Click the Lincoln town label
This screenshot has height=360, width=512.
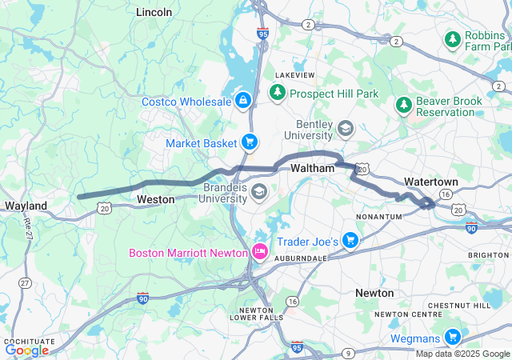[x=154, y=12]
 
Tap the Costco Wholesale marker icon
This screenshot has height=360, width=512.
[x=242, y=101]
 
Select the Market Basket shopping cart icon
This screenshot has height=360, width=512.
[x=250, y=142]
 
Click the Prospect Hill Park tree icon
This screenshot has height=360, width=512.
[x=278, y=94]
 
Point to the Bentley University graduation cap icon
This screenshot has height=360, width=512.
[x=346, y=128]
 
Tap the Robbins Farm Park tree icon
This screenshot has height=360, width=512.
[x=453, y=38]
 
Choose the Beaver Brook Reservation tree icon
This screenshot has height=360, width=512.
[x=403, y=105]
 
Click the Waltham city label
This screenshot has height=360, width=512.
[x=311, y=168]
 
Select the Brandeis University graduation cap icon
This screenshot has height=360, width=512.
[x=259, y=191]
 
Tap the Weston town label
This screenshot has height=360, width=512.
[x=155, y=198]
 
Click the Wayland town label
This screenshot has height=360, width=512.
[x=26, y=206]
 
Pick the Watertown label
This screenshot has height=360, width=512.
[x=431, y=182]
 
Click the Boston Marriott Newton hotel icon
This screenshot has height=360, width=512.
[x=260, y=252]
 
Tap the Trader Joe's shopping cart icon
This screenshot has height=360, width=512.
[x=350, y=240]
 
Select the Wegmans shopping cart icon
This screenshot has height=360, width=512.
[x=452, y=337]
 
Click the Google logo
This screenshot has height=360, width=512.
[x=26, y=350]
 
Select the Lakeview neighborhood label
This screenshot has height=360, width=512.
[x=295, y=74]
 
